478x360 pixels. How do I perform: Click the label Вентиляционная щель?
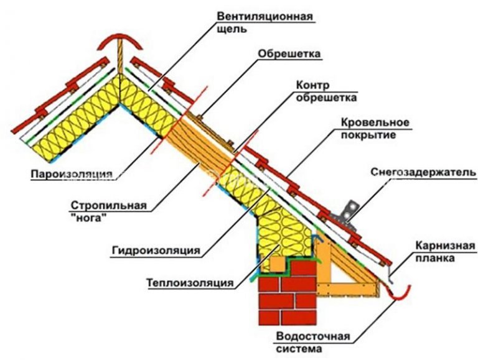[265, 22]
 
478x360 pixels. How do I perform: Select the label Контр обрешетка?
[326, 91]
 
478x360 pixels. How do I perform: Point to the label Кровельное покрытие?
[375, 128]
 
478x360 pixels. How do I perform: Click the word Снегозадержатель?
[423, 172]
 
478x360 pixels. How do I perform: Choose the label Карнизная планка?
[445, 252]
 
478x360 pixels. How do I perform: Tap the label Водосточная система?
[313, 343]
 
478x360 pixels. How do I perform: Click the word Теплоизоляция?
[190, 283]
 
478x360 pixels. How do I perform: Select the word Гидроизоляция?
[156, 251]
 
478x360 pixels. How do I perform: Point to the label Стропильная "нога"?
[108, 211]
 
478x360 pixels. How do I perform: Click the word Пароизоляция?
[72, 174]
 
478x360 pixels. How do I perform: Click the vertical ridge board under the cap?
[120, 56]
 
